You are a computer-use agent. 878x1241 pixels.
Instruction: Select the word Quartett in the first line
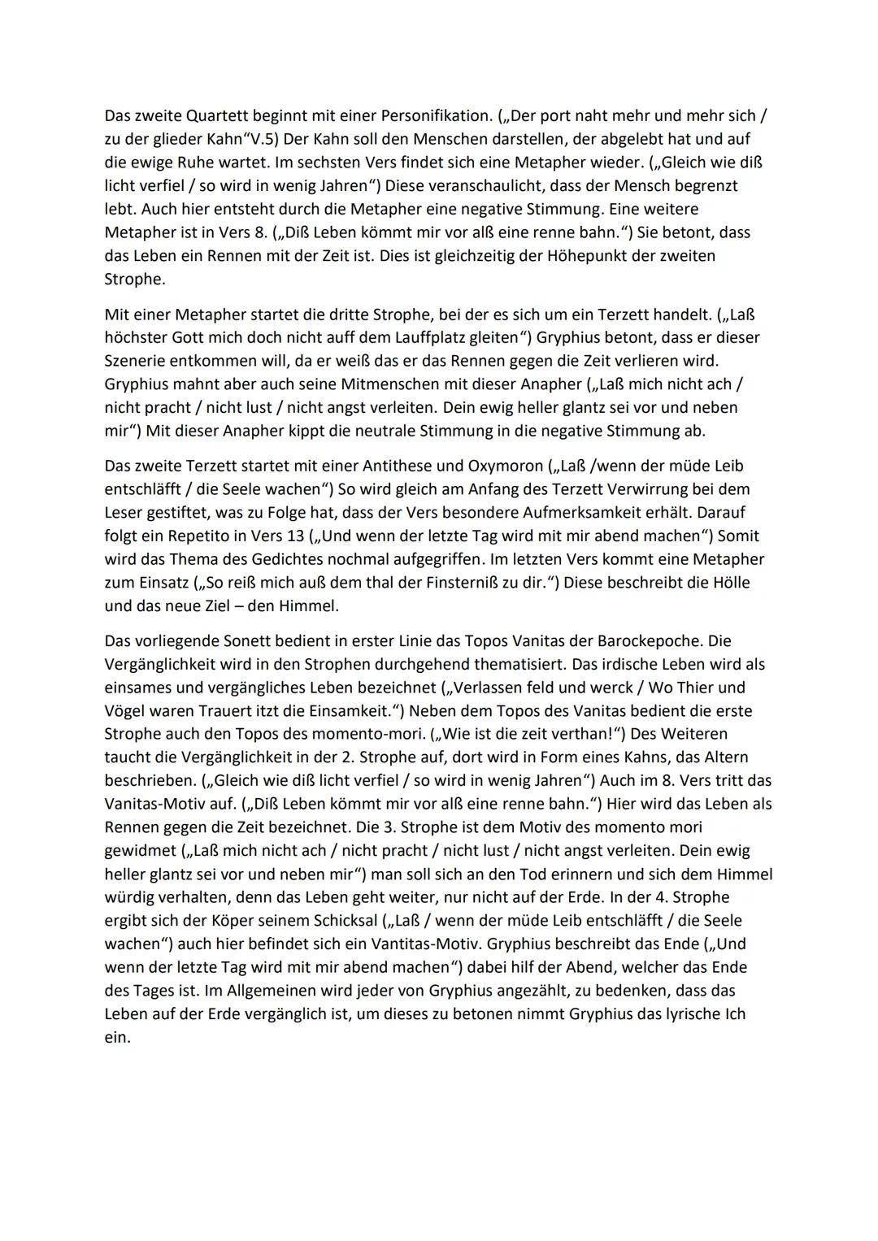point(209,115)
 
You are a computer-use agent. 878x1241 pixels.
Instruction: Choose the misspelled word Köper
point(233,921)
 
